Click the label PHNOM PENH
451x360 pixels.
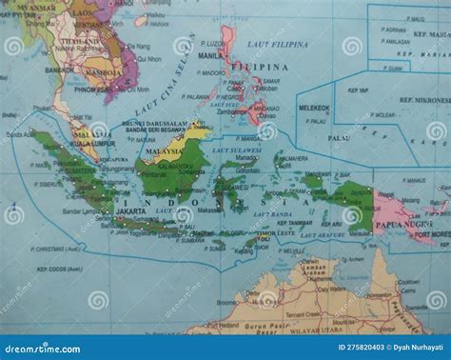click(92, 94)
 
